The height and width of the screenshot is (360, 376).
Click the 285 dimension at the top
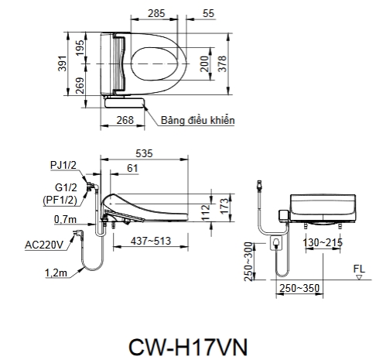(156, 13)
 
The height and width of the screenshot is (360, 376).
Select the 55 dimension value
(208, 13)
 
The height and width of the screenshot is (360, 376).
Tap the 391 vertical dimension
(63, 63)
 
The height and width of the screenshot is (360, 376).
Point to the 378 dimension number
(222, 63)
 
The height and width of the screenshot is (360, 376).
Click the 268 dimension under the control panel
(125, 120)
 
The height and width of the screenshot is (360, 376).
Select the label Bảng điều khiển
(198, 120)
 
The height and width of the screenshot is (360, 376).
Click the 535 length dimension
(144, 153)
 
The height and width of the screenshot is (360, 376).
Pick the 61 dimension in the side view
(132, 168)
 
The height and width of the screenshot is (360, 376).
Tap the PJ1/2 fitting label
(63, 165)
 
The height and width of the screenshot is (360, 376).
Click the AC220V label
(44, 245)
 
